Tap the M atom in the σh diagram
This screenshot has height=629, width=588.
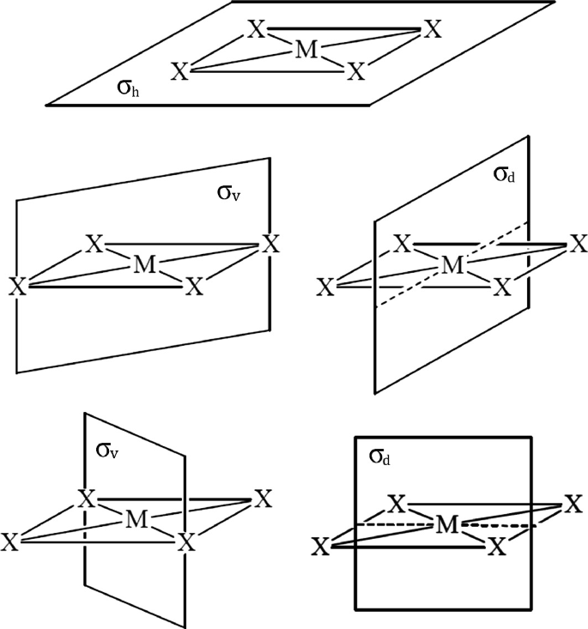(305, 51)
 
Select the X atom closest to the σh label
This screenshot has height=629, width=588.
(179, 71)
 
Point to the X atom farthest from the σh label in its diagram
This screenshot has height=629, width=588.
(433, 30)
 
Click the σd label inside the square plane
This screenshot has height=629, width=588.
(380, 458)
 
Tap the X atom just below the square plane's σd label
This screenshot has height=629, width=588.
(396, 503)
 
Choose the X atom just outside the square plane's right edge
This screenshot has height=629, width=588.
(573, 505)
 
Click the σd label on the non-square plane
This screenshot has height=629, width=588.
(504, 176)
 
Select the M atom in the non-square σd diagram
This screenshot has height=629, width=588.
(452, 266)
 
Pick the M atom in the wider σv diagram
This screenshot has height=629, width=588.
(146, 266)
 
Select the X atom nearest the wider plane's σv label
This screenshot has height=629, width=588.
(270, 245)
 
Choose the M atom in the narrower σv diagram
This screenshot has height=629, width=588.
(134, 519)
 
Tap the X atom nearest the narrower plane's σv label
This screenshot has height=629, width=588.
(85, 499)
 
